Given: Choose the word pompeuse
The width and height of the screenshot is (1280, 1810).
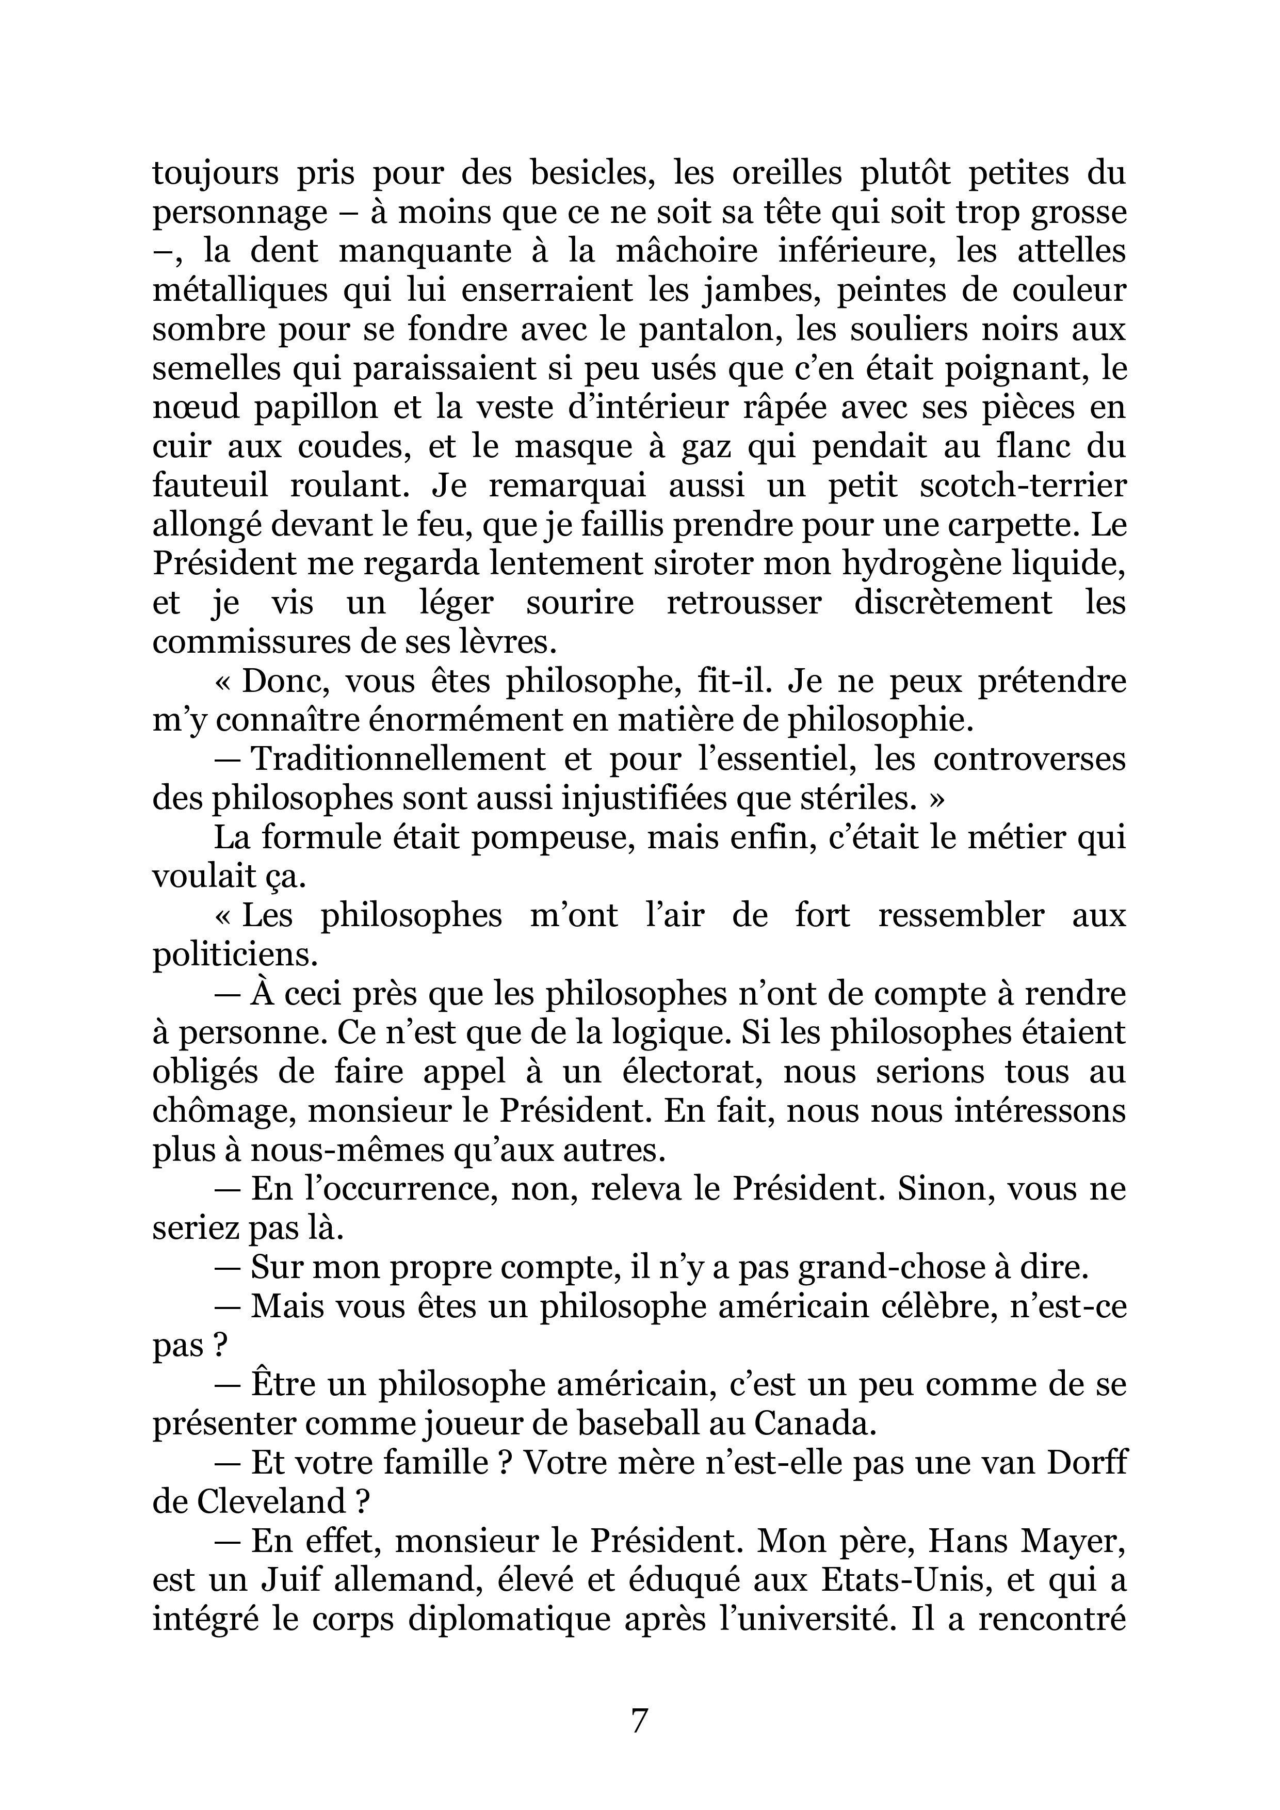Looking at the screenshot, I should point(548,837).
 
